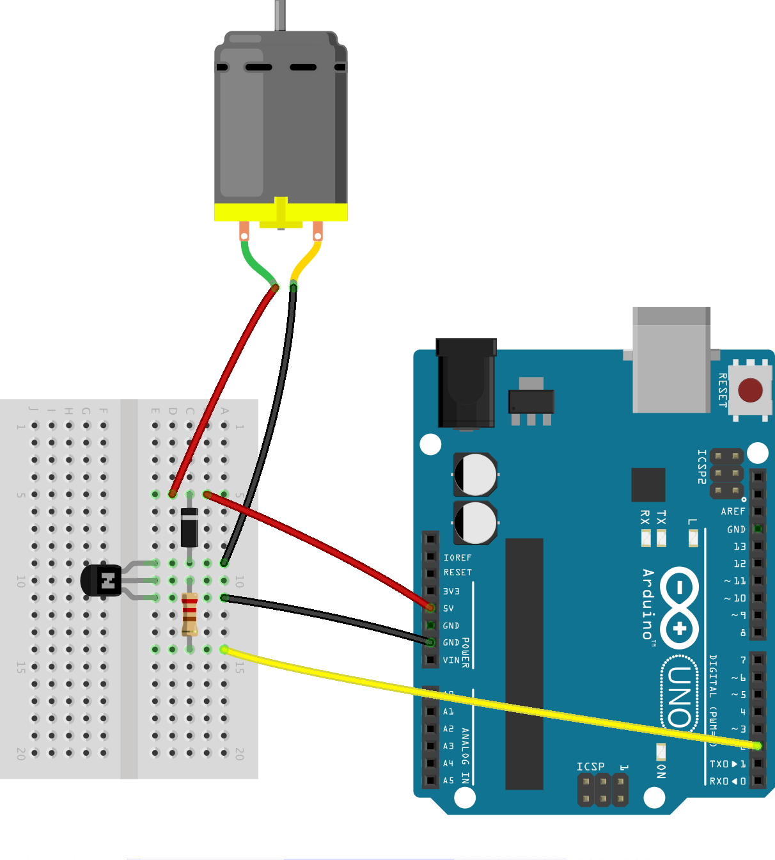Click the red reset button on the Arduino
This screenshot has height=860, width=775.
(x=750, y=389)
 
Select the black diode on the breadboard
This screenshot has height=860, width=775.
(x=189, y=527)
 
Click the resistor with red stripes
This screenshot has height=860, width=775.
(x=189, y=614)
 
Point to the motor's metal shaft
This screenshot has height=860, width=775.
(x=280, y=15)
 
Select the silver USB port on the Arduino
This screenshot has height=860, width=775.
(x=671, y=360)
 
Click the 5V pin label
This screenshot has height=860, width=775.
(x=449, y=609)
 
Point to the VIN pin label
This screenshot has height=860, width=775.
(x=451, y=660)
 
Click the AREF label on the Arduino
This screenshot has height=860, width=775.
(x=733, y=511)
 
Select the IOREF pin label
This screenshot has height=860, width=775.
(x=457, y=558)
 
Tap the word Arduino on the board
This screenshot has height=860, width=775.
(x=648, y=604)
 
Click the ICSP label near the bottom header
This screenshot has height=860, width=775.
(x=590, y=766)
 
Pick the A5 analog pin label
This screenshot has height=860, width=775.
(x=448, y=781)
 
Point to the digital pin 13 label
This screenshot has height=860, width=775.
(x=739, y=546)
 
